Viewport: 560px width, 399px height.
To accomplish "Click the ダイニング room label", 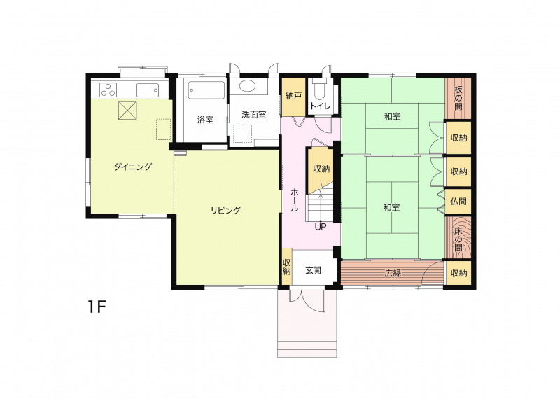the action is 132,167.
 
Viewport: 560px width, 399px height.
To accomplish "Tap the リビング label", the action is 225,210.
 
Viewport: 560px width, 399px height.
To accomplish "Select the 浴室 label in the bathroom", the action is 205,120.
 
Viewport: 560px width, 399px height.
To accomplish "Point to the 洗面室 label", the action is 254,115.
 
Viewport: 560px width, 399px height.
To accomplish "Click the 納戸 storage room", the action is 293,97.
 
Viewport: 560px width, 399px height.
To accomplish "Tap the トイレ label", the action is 321,106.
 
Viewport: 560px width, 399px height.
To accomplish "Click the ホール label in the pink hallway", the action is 294,200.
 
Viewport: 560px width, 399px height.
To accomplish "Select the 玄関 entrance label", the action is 313,270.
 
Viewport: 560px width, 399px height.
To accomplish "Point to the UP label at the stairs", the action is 321,227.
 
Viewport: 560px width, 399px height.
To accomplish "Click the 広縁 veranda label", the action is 393,273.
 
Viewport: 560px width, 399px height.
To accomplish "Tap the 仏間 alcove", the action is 458,202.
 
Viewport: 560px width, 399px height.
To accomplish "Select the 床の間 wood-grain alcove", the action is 458,237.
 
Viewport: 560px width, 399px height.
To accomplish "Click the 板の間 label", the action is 458,98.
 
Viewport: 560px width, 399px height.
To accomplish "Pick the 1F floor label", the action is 97,307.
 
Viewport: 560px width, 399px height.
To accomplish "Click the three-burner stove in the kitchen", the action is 108,90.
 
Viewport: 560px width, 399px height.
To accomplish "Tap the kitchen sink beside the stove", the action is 148,90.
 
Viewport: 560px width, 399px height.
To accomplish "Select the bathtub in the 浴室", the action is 206,91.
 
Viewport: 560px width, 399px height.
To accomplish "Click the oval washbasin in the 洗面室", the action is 247,85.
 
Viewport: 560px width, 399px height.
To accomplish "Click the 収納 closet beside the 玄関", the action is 287,267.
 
